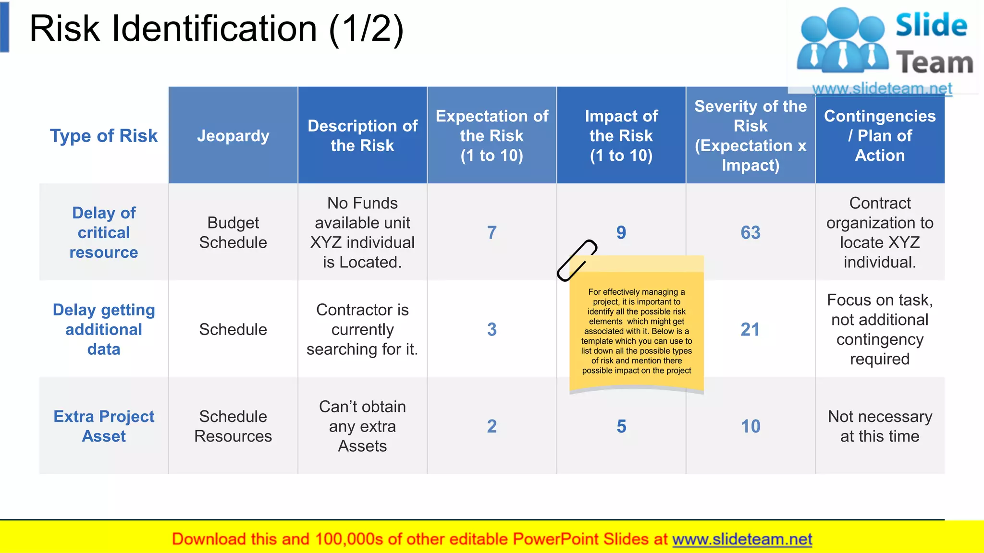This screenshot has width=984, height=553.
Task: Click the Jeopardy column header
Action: coord(233,136)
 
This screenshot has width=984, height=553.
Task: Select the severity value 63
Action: coord(750,233)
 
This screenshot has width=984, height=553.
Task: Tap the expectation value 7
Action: coord(492,233)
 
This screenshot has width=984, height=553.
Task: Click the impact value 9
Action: coord(621,233)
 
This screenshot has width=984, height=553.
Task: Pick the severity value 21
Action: coord(750,329)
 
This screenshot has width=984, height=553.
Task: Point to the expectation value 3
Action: coord(492,329)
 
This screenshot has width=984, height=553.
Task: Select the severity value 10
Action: coord(750,426)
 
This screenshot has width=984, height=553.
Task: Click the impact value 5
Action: coord(621,426)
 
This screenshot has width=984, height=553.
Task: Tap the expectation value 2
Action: coord(492,426)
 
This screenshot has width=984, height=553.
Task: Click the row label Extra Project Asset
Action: coord(104,426)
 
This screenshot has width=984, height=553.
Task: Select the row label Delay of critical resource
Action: coord(104,233)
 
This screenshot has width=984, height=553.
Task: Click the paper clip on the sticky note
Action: coord(577,260)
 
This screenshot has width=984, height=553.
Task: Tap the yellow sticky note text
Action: coord(636,331)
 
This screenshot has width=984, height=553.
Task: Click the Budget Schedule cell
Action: coord(233,233)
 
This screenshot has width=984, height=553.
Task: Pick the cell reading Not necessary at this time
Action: coord(879,426)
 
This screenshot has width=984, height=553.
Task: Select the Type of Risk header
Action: coord(104,136)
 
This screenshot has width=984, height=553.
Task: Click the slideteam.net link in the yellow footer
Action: coord(742,539)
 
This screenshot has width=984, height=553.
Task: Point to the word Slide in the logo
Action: coord(931,25)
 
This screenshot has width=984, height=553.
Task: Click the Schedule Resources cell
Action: coord(233,426)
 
